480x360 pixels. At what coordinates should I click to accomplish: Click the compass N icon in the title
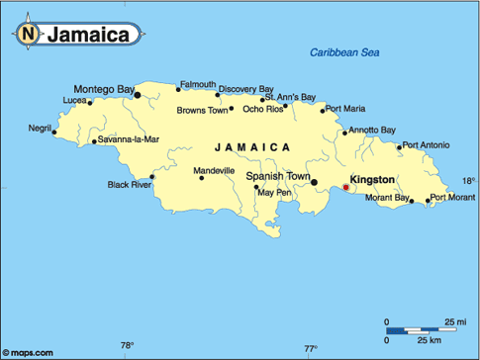[x=29, y=35]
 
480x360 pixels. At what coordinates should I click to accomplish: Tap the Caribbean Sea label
[x=345, y=52]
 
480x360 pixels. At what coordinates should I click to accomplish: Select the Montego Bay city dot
[x=138, y=96]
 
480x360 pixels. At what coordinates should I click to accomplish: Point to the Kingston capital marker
[x=345, y=187]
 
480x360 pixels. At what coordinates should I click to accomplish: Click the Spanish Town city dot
[x=314, y=182]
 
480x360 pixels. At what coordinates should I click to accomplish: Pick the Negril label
[x=40, y=128]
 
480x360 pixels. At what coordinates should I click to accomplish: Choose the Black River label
[x=129, y=184]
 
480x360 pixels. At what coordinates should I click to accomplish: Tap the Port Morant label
[x=450, y=198]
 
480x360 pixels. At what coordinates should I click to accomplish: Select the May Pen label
[x=274, y=192]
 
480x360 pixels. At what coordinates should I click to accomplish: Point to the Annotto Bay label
[x=372, y=130]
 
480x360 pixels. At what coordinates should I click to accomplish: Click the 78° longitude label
[x=127, y=345]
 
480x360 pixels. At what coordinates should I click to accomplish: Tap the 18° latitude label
[x=468, y=181]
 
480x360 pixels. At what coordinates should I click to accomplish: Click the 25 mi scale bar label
[x=456, y=322]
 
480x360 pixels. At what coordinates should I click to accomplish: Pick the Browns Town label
[x=203, y=110]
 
